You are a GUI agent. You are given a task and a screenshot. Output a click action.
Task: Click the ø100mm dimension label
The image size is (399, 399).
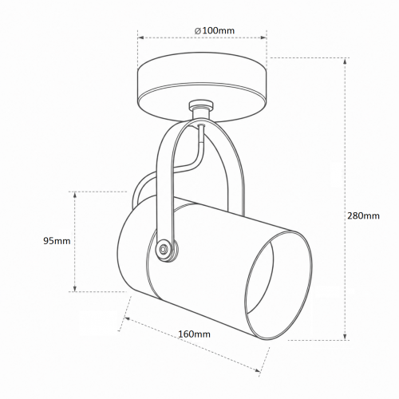[215, 31]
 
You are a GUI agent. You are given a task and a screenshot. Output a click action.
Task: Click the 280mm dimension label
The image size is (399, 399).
[363, 215]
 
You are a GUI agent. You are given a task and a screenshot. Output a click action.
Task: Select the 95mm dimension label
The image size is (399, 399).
[57, 241]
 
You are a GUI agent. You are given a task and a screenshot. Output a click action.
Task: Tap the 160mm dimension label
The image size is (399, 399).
[194, 334]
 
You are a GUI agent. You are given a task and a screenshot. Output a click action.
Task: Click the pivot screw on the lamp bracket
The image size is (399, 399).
[163, 249]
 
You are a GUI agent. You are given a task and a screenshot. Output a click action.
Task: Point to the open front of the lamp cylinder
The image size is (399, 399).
[279, 285]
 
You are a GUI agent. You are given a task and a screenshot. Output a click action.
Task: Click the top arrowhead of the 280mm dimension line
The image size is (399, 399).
[345, 61]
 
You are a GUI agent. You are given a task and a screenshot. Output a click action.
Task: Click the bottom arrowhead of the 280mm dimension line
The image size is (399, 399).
[345, 337]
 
